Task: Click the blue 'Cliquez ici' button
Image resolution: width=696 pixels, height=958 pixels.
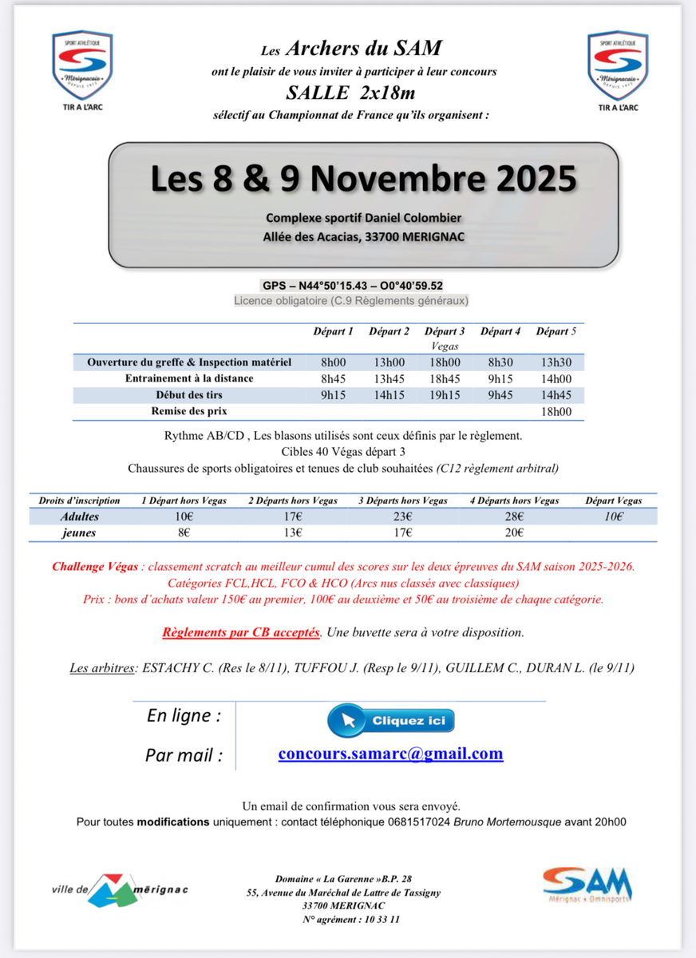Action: click(x=391, y=720)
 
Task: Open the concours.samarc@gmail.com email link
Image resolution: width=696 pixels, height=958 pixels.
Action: click(x=390, y=754)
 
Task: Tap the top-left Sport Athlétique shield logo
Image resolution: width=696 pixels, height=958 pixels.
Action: click(x=82, y=67)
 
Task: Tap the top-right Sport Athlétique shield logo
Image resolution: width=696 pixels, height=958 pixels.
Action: click(x=617, y=67)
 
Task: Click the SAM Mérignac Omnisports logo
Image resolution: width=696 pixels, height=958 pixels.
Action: click(x=587, y=885)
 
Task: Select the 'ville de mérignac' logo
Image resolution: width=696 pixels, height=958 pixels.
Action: click(x=120, y=889)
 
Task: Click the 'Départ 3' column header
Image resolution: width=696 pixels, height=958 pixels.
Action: click(x=445, y=331)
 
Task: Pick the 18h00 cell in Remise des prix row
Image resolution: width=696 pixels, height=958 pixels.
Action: click(x=556, y=412)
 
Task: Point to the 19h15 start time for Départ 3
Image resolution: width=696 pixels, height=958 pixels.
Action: click(x=445, y=394)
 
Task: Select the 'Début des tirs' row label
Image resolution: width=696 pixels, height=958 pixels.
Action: click(x=189, y=394)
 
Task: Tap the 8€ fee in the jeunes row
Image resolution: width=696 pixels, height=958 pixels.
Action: click(x=184, y=532)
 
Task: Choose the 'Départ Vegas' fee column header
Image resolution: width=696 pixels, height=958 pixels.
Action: click(x=613, y=501)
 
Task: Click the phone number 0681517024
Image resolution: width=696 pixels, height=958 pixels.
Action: click(x=419, y=821)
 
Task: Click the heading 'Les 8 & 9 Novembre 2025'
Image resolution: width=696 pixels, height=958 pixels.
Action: click(x=363, y=178)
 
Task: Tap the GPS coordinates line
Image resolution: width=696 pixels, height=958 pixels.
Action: click(x=352, y=286)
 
